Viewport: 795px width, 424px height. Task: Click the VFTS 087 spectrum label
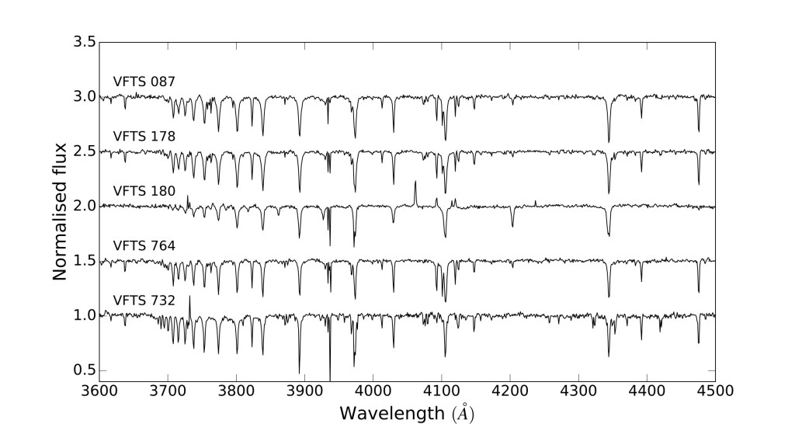coord(144,82)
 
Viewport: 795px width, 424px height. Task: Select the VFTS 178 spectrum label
coord(144,136)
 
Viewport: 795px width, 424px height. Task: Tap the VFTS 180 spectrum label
coord(144,190)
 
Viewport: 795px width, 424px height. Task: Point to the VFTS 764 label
coord(144,245)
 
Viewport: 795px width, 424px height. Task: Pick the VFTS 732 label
coord(144,300)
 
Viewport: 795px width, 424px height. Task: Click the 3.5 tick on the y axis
coord(86,42)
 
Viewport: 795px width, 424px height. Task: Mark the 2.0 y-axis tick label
coord(86,206)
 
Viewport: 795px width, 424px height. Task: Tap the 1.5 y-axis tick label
coord(86,260)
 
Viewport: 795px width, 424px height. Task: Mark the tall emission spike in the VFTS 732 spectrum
coord(189,298)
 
